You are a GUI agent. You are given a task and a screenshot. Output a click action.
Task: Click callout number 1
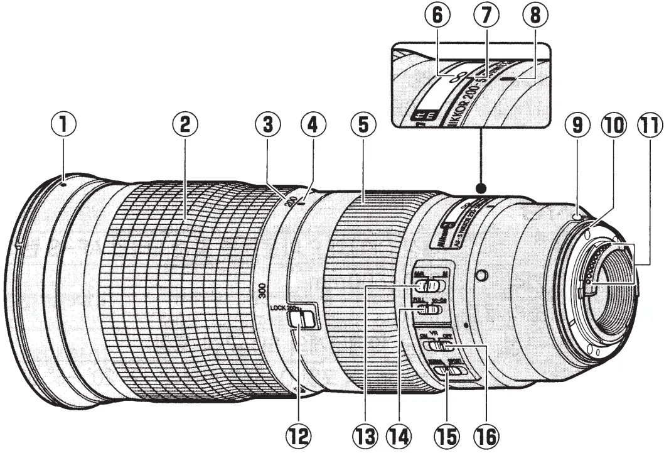tap(64, 125)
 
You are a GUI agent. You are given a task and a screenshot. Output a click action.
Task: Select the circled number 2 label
tap(184, 125)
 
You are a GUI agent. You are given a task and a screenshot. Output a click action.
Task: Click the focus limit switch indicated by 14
tap(430, 309)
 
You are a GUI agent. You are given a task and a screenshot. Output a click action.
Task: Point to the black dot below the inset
tap(481, 188)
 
